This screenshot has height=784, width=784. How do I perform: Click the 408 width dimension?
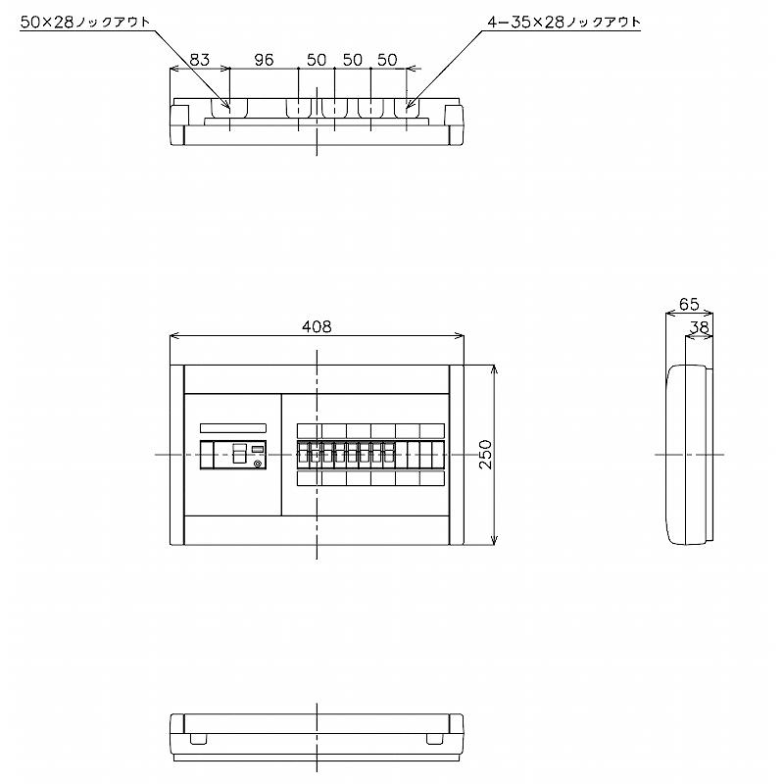click(317, 327)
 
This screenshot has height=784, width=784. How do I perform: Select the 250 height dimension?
click(483, 455)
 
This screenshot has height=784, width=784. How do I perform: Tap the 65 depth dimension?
click(688, 305)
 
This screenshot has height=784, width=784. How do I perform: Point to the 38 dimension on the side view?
click(700, 327)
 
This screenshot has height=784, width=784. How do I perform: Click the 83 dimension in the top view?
click(200, 60)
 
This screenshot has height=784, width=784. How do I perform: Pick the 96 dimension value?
click(264, 60)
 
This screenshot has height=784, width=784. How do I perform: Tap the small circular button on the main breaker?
click(258, 464)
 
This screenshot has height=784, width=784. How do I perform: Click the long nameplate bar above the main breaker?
click(232, 428)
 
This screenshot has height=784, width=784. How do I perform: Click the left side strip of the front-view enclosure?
click(177, 455)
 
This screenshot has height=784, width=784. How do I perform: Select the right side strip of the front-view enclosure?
click(457, 455)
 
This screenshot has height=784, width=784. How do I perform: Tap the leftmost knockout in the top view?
click(229, 107)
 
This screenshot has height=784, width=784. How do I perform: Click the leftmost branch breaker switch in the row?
click(303, 454)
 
